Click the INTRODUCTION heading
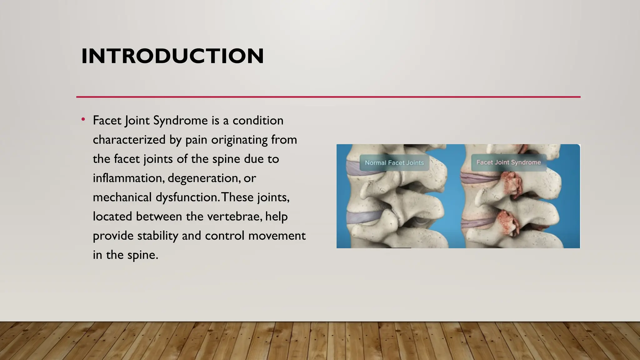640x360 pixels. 172,56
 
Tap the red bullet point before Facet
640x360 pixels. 83,119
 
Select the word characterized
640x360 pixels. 129,140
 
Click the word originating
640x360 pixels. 239,140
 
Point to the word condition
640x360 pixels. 258,121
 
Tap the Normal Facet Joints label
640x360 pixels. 394,163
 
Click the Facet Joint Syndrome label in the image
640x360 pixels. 508,162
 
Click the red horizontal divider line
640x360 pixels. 328,97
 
